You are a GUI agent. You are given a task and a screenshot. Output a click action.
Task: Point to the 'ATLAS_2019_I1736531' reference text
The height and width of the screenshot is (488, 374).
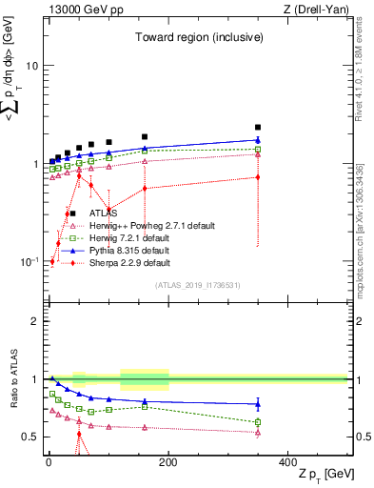(x=198, y=285)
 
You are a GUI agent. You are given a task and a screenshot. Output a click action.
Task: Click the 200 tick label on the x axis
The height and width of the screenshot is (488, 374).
(x=168, y=461)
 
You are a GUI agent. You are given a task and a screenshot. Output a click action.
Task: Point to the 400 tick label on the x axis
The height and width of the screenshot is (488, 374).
(x=287, y=461)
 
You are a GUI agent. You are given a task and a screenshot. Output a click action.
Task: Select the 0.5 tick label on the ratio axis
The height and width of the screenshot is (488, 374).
(x=30, y=437)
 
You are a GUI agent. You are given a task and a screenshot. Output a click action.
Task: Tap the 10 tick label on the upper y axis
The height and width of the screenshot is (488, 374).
(x=32, y=67)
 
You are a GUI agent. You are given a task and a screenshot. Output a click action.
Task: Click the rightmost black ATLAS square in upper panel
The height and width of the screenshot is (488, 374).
(x=258, y=127)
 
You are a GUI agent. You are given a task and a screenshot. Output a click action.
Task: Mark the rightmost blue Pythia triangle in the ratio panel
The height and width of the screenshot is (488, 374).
(x=258, y=404)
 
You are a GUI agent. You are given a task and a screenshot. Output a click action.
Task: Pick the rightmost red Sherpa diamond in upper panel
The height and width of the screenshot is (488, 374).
(x=258, y=177)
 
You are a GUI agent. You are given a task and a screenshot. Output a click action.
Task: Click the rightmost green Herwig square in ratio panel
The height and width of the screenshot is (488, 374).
(x=258, y=421)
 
